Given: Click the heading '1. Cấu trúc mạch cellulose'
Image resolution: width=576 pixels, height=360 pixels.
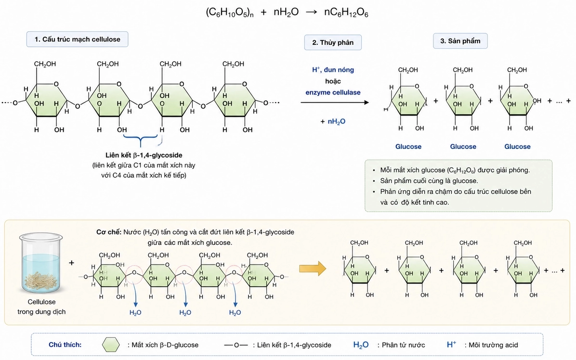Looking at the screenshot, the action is [77, 40].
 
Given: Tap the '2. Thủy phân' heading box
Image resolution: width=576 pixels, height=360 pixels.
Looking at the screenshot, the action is [333, 42].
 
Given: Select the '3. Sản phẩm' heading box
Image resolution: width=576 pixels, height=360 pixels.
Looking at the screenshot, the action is [460, 41].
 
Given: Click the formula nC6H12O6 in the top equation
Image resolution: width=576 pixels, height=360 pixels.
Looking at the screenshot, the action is [346, 13].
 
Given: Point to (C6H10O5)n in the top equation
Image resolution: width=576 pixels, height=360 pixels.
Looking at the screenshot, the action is [230, 13].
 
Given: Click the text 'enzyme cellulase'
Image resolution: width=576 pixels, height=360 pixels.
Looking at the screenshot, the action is [333, 93].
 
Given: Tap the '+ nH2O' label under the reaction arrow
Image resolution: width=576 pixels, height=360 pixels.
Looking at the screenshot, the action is [333, 121].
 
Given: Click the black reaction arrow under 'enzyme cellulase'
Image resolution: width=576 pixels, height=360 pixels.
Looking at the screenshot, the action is [335, 102].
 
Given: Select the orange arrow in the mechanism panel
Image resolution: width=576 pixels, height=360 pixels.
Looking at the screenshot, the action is [313, 268].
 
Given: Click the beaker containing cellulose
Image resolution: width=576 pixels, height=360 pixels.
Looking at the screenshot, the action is [41, 263].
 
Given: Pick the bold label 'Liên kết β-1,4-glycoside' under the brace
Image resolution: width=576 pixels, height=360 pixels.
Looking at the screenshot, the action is [144, 155].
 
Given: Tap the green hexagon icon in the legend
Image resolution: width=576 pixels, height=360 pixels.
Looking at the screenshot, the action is [111, 345].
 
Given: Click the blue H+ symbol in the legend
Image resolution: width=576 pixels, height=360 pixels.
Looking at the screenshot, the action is [451, 345].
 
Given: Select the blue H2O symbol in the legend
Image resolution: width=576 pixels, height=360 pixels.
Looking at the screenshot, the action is [361, 345].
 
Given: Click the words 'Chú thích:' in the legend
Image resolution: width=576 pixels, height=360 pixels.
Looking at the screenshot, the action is [65, 345].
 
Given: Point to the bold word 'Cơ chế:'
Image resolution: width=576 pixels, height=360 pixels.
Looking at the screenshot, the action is [109, 232].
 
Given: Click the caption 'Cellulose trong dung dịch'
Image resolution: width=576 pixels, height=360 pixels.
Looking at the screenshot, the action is [41, 307].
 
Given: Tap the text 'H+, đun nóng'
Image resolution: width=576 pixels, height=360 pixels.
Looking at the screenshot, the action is [333, 70].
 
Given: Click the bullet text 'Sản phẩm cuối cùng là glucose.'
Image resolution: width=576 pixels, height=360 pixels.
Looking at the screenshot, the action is [429, 181].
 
